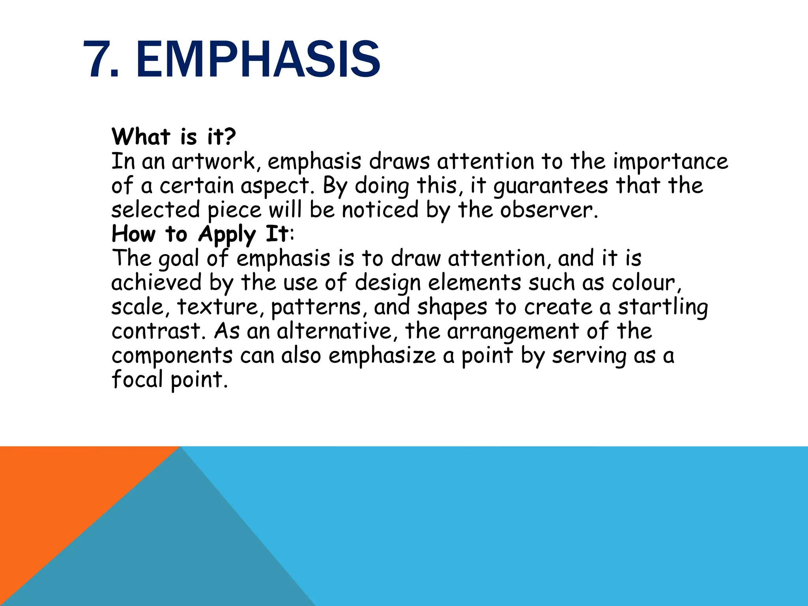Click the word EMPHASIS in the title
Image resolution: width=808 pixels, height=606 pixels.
258,60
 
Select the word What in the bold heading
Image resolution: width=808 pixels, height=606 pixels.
141,137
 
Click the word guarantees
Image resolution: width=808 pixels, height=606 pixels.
550,186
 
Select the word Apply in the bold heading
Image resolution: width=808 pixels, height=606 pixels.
227,235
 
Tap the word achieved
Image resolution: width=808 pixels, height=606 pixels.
157,283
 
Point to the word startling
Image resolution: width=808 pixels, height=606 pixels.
663,308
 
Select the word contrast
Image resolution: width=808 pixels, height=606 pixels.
157,331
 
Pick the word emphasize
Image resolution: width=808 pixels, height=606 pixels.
382,356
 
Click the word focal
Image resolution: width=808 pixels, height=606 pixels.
137,380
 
